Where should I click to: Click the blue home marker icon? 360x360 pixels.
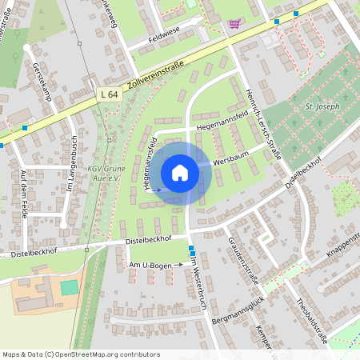point(180,173)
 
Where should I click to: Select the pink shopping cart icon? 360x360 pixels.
point(234,24)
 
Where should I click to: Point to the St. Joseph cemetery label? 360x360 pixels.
point(322,106)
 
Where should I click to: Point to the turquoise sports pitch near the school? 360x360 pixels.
point(69,286)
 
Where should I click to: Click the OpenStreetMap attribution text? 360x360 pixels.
point(81,354)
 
